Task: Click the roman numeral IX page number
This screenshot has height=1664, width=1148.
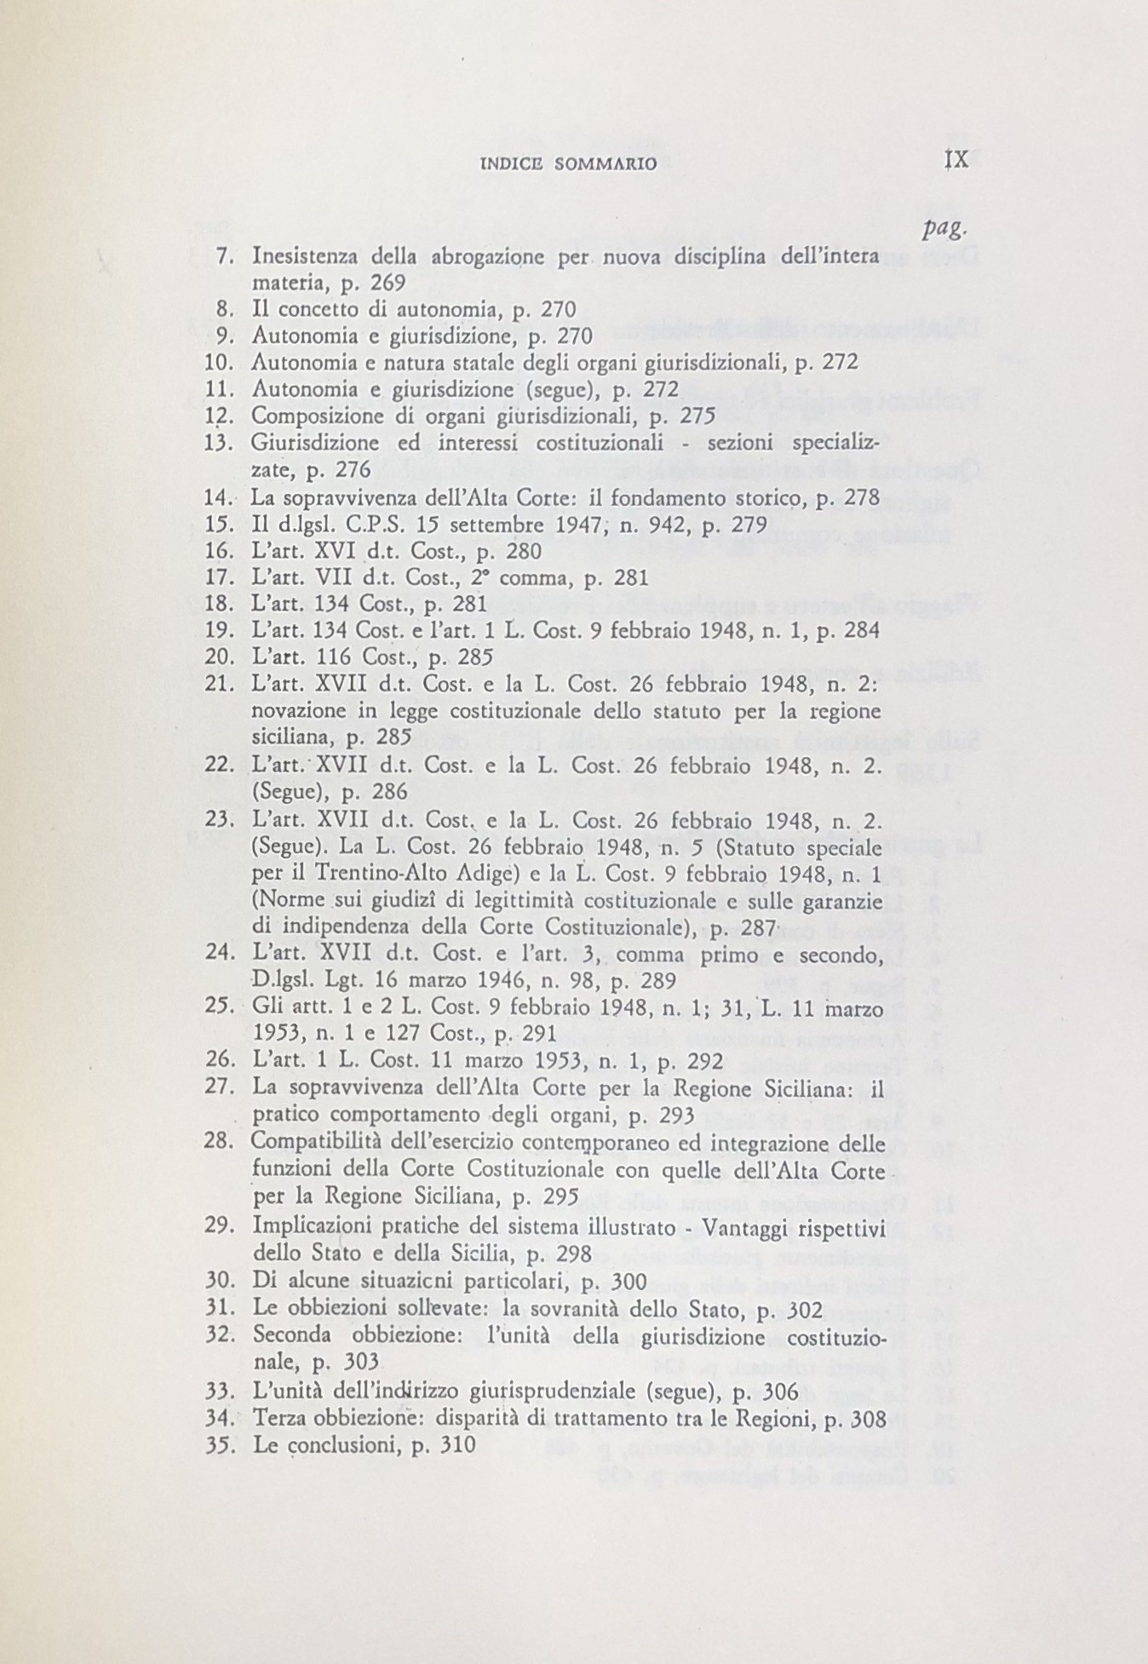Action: (x=956, y=161)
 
